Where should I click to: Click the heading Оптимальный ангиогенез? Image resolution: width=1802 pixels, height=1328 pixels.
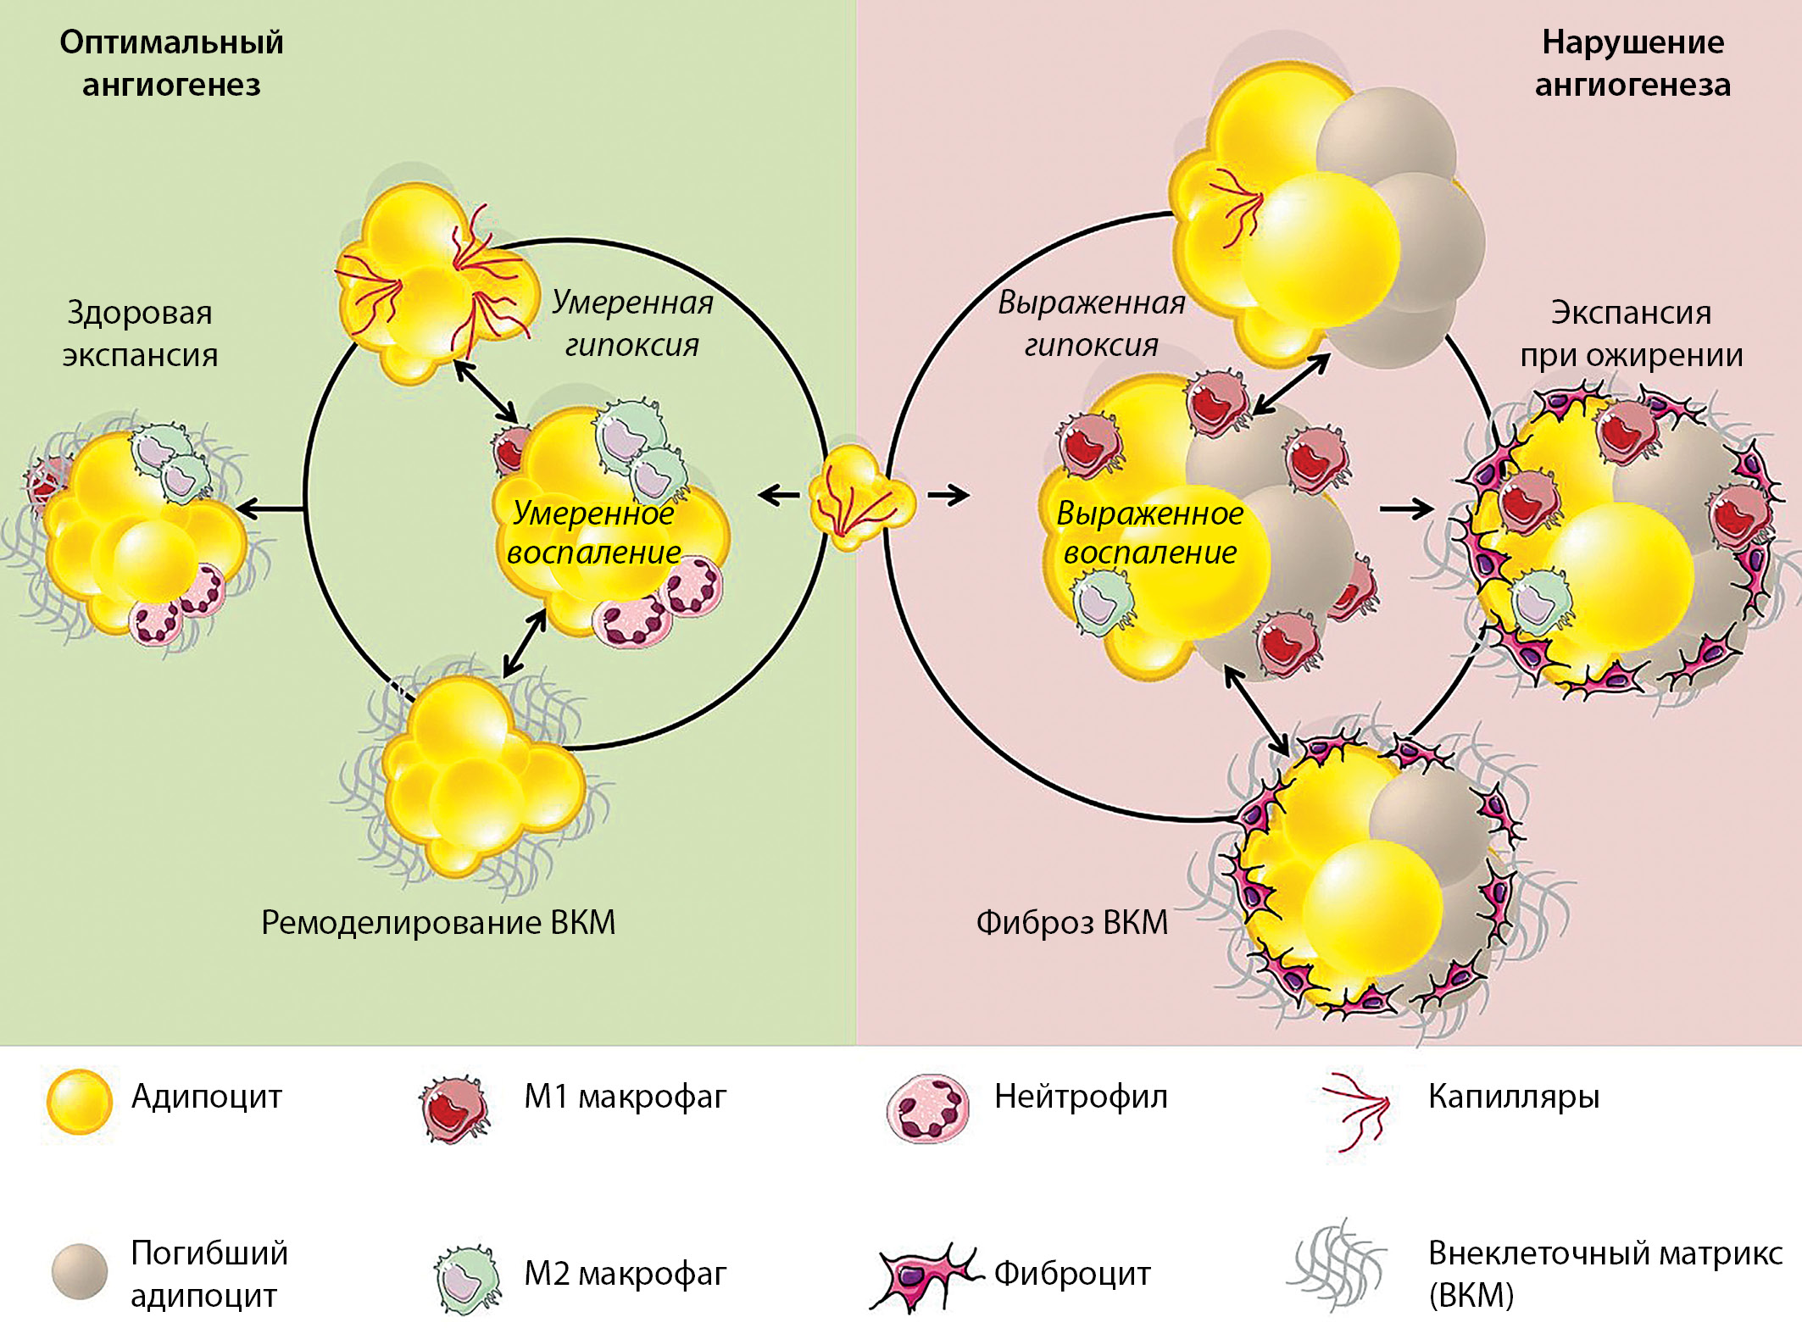(x=171, y=64)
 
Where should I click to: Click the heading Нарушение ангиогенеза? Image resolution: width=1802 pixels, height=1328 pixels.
(x=1632, y=64)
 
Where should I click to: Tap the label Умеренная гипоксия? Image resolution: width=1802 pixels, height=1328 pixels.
(x=632, y=323)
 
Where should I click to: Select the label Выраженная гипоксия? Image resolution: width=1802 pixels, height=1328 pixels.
(x=1091, y=323)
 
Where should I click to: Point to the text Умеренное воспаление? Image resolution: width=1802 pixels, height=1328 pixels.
(x=593, y=532)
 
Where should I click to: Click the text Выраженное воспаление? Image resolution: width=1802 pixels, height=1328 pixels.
(x=1149, y=532)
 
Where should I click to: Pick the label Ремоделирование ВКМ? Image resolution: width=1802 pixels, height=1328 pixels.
(x=438, y=922)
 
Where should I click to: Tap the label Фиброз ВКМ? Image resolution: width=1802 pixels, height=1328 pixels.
(x=1071, y=922)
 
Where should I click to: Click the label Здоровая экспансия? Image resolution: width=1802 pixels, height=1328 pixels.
(x=140, y=333)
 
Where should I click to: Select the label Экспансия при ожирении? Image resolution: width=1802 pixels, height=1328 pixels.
(x=1631, y=333)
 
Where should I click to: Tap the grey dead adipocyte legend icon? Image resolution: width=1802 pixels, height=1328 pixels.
(x=79, y=1271)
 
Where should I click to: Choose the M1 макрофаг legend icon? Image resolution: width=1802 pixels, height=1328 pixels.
(x=455, y=1109)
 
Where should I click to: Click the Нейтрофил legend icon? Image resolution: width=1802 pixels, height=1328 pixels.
(x=926, y=1109)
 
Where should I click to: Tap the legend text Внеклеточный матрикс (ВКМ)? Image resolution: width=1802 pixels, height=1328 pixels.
(x=1605, y=1273)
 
